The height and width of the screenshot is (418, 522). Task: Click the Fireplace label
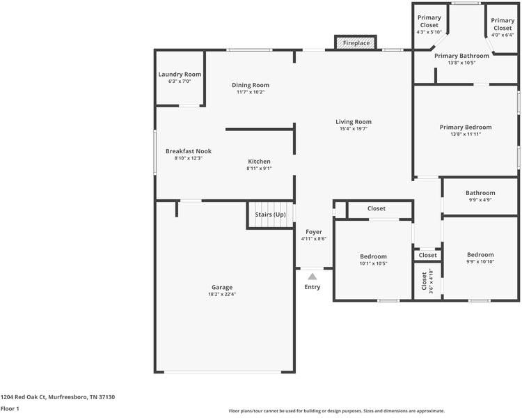[x=356, y=43]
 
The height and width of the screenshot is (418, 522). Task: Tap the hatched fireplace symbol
[x=340, y=43]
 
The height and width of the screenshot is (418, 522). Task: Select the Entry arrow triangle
[x=313, y=277]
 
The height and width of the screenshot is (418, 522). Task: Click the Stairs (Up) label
[x=270, y=215]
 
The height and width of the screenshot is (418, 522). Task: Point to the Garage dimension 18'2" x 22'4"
[x=222, y=295]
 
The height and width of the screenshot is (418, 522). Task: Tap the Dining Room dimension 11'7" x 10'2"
[x=250, y=92]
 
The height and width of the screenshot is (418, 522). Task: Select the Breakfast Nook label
[x=188, y=151]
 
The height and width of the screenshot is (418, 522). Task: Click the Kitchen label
[x=259, y=162]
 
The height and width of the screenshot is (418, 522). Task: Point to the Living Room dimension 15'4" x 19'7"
[x=353, y=129]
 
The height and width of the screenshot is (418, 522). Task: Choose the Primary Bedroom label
[x=466, y=127]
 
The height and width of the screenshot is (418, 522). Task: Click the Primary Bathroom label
[x=461, y=56]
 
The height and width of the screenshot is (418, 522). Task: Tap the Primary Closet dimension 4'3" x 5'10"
[x=429, y=32]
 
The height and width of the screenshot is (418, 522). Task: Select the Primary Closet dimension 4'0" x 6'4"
[x=503, y=35]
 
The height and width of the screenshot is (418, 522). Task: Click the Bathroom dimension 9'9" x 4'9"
[x=480, y=201]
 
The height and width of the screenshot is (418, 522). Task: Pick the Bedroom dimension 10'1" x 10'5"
[x=373, y=263]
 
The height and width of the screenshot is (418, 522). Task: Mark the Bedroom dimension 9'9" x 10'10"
[x=480, y=262]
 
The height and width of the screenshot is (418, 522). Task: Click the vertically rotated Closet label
[x=424, y=280]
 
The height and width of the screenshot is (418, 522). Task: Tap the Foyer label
[x=314, y=231]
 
